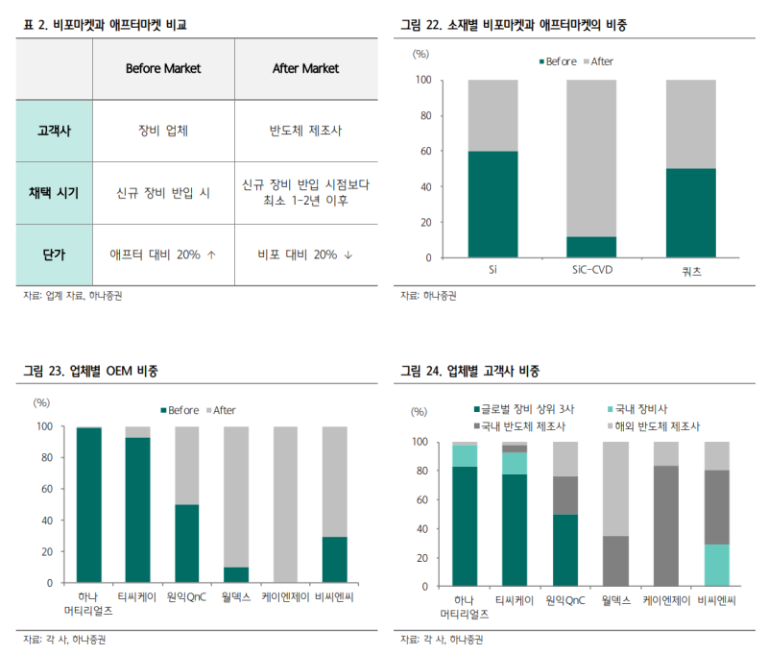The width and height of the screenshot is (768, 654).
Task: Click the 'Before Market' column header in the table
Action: [162, 69]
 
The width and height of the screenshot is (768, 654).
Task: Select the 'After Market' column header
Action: [306, 69]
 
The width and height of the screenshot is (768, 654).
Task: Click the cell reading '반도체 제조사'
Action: [306, 131]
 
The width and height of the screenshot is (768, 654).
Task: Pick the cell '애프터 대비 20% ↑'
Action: [162, 254]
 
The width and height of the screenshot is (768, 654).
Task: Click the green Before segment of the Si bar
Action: [493, 204]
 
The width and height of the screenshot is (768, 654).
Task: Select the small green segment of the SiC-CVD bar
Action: [591, 247]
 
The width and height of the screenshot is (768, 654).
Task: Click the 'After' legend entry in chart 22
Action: [601, 61]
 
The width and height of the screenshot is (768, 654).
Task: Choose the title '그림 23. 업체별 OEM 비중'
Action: [91, 371]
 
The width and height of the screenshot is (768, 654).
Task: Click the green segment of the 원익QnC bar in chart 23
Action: [187, 544]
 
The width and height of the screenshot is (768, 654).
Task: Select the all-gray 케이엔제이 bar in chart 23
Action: [285, 504]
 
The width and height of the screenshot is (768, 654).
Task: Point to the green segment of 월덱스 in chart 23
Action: [236, 575]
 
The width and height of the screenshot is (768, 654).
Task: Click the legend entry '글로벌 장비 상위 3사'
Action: [524, 408]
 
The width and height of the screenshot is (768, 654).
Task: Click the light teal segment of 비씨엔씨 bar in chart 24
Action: [717, 565]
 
